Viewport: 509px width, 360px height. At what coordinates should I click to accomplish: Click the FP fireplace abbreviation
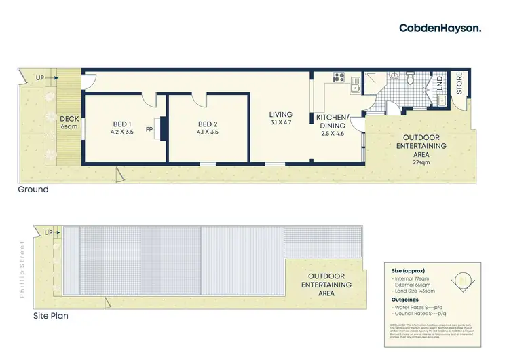[x=148, y=128]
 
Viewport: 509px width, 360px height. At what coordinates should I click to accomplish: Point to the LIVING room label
[x=280, y=115]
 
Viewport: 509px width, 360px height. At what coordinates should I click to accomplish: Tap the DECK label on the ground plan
[x=70, y=119]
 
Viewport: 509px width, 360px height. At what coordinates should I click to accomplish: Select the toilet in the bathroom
[x=409, y=79]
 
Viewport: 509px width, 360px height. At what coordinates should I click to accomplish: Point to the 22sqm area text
[x=421, y=162]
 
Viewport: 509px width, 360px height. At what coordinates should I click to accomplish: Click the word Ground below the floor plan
[x=33, y=190]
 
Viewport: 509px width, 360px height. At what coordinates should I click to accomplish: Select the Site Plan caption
[x=51, y=316]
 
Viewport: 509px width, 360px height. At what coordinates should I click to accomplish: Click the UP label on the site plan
[x=47, y=233]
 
